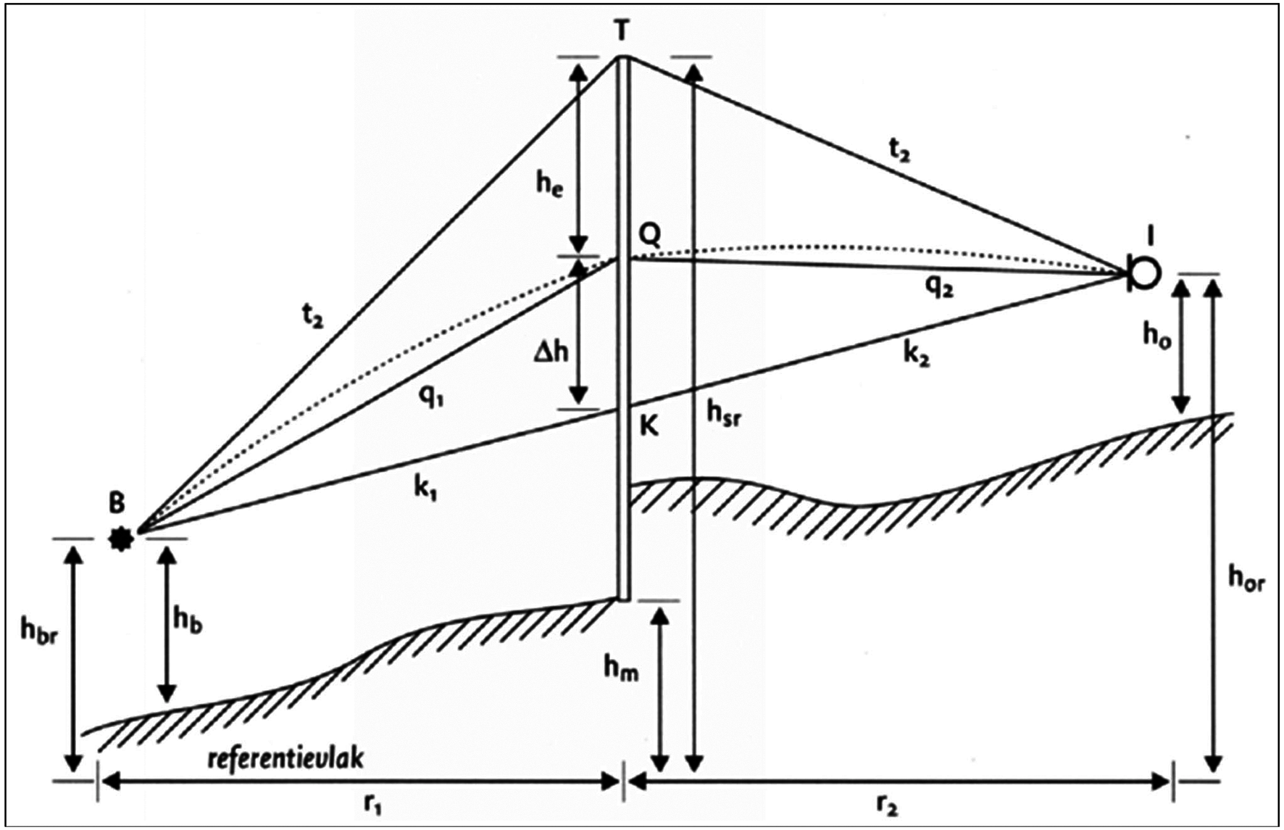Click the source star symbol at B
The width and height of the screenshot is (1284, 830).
[121, 539]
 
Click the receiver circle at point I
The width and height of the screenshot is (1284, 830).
[1144, 273]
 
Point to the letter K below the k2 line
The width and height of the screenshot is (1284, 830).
[649, 427]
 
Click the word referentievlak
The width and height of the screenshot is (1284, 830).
[285, 758]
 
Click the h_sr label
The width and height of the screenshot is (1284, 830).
[724, 415]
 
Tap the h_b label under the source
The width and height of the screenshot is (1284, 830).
[188, 621]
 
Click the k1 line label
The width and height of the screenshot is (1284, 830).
[425, 490]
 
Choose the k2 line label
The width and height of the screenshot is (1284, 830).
[916, 356]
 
